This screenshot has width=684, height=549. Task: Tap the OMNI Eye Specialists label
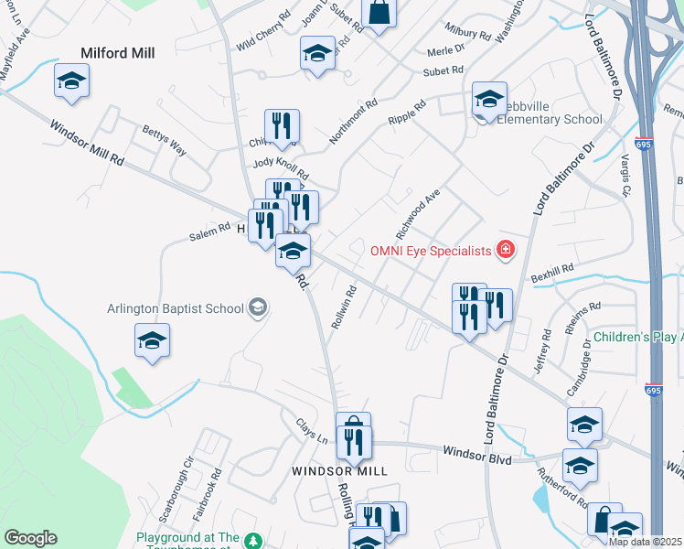pos(430,250)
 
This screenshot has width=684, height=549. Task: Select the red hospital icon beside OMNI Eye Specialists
pos(503,249)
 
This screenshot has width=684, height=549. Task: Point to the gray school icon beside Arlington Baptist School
pos(257,307)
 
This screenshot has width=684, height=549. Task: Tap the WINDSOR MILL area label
pos(339,470)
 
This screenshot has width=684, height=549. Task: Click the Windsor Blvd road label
pos(476,454)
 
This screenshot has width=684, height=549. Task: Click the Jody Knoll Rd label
pos(282,168)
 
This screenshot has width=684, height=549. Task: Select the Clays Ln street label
pos(311,430)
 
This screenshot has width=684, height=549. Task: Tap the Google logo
pos(29,538)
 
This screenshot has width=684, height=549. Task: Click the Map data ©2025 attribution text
pos(645,542)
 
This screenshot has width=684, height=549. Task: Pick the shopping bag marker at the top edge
pos(379,13)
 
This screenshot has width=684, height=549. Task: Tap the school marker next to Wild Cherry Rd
pos(317,53)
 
